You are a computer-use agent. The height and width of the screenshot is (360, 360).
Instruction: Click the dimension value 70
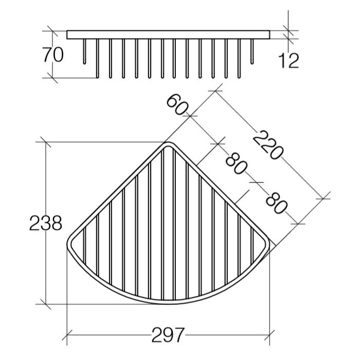coord(53,55)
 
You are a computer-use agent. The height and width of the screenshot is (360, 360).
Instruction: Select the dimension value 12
coord(289,60)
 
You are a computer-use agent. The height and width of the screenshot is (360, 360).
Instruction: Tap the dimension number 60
coord(177,105)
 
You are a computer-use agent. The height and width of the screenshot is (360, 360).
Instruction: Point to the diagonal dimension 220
coord(268,145)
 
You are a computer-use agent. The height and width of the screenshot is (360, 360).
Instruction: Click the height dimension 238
coord(46,223)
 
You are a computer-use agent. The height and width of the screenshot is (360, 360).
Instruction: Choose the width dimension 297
coord(168,335)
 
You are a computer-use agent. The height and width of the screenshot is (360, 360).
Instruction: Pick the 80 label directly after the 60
coord(236,164)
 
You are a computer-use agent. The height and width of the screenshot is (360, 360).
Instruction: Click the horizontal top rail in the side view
coord(168,34)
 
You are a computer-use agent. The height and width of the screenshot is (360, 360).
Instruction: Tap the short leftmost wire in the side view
coord(84,51)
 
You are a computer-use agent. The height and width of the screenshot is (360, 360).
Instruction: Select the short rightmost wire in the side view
coord(252,51)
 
